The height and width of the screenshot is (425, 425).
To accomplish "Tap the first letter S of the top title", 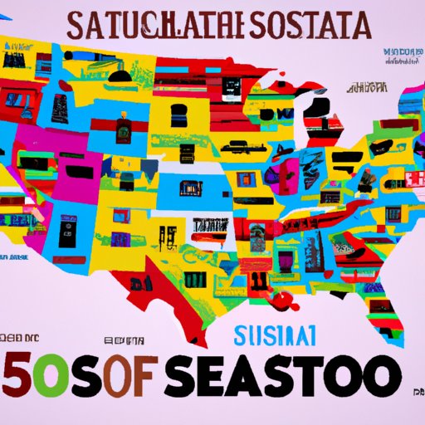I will click(x=81, y=26).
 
